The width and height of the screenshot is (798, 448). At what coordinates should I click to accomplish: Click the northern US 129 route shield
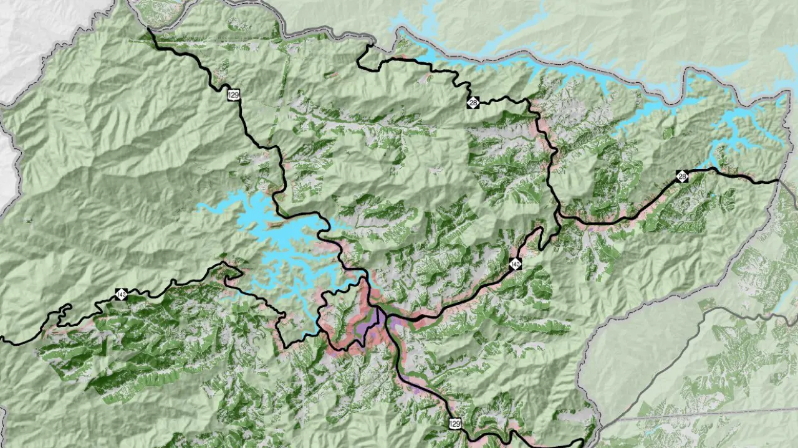[234, 95]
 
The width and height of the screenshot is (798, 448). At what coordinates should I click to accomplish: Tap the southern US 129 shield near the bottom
[454, 424]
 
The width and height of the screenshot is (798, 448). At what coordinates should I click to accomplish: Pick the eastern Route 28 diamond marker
[683, 177]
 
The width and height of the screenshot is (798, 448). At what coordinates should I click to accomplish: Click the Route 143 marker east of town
[515, 264]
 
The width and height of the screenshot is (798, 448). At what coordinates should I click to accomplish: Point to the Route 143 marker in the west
[120, 294]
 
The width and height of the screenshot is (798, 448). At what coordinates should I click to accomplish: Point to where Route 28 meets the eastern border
[779, 181]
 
